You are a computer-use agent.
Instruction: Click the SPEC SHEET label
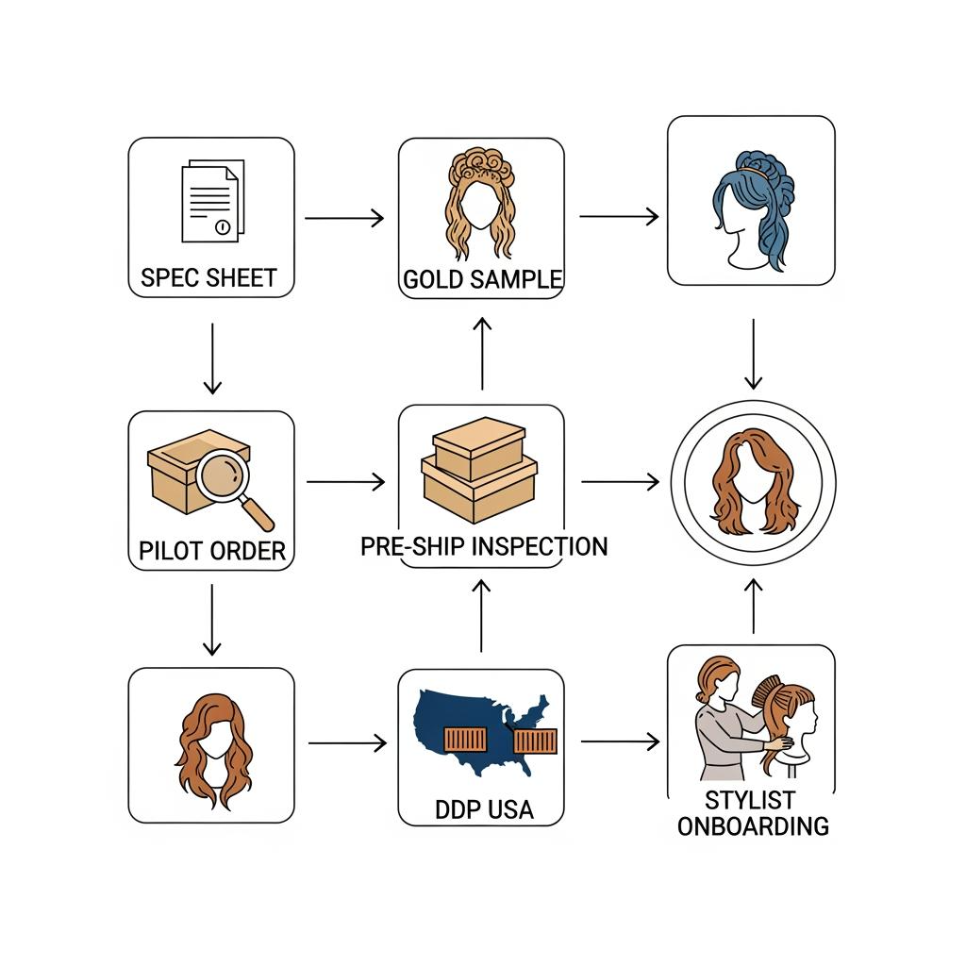click(208, 277)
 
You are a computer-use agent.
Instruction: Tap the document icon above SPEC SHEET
click(212, 201)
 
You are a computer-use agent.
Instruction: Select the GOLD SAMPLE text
click(482, 279)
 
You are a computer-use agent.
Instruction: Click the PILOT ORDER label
click(211, 551)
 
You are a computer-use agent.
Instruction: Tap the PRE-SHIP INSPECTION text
click(484, 546)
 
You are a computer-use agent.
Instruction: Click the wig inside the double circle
click(753, 480)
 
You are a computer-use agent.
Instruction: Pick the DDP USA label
click(484, 808)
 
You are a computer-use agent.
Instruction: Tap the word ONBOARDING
click(753, 825)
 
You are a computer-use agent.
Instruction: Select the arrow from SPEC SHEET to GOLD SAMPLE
click(344, 219)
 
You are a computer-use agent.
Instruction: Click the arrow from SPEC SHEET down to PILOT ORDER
click(212, 358)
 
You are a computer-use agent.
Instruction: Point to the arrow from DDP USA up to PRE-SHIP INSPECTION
click(481, 616)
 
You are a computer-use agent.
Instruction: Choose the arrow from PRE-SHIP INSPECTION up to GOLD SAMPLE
click(481, 354)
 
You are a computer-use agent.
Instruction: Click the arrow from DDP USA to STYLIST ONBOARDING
click(620, 742)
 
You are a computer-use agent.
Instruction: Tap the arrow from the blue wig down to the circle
click(753, 354)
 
